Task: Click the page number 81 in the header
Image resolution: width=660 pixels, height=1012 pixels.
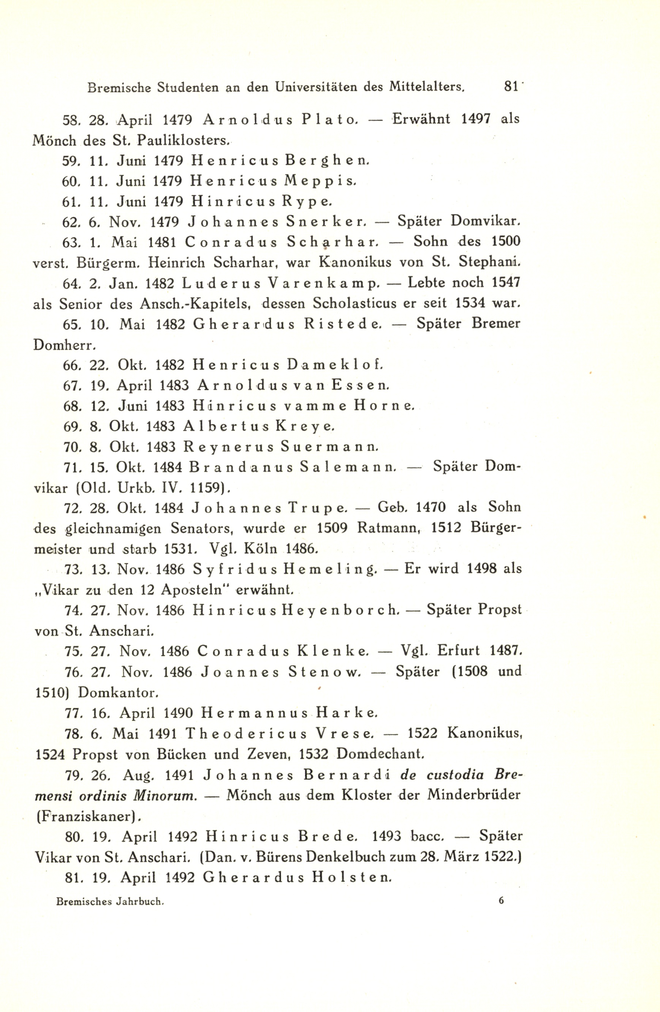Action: [x=510, y=87]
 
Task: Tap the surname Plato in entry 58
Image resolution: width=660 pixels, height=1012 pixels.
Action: [x=328, y=119]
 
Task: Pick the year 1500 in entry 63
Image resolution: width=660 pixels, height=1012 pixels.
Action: [x=506, y=241]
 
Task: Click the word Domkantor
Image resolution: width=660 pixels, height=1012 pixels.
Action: [x=118, y=693]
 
